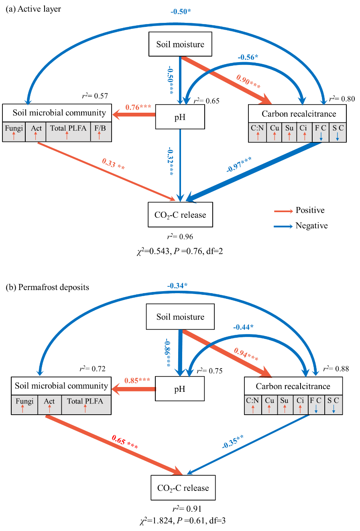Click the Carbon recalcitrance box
pyautogui.click(x=299, y=114)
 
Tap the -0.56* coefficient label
pyautogui.click(x=248, y=57)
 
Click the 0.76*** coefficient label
pyautogui.click(x=138, y=107)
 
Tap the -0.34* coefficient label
pyautogui.click(x=177, y=286)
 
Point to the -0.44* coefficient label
pyautogui.click(x=243, y=327)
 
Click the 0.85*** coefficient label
pyautogui.click(x=137, y=380)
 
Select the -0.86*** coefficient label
pyautogui.click(x=167, y=353)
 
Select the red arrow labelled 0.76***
pyautogui.click(x=134, y=115)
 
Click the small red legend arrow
pyautogui.click(x=283, y=211)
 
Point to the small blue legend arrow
pyautogui.click(x=283, y=227)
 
